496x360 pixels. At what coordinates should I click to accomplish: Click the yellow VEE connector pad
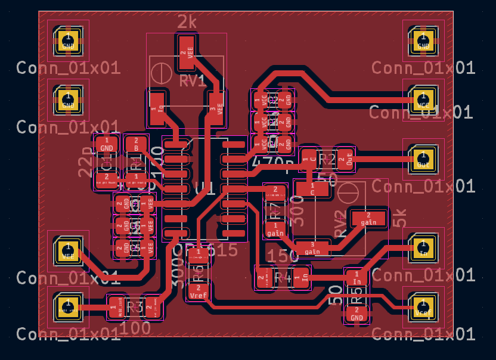68,250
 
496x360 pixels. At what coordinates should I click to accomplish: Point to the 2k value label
187,22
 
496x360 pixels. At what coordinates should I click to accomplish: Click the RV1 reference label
193,80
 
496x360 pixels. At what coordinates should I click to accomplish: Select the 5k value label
400,218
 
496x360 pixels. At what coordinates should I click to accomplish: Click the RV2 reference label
340,224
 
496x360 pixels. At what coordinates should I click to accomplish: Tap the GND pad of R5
356,314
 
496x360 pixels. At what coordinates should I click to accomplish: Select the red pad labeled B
136,144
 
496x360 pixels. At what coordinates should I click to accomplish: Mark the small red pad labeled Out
345,158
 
